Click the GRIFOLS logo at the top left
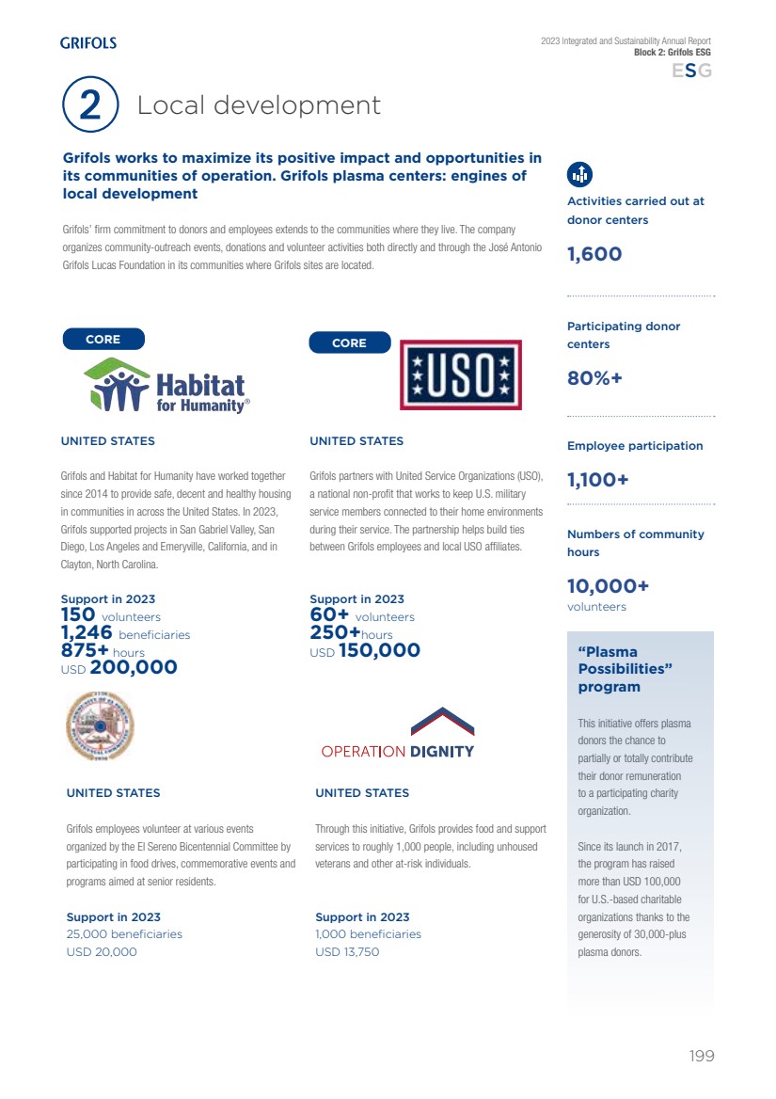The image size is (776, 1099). tap(88, 42)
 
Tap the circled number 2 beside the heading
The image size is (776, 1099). tap(90, 104)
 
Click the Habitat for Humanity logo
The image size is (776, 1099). tap(166, 386)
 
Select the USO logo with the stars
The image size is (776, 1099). tap(461, 374)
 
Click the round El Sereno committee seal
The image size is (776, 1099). tap(100, 725)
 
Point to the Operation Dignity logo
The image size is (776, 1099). tap(398, 735)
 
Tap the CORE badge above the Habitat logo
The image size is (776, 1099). tap(103, 340)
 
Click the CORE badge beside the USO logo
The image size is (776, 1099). tap(349, 343)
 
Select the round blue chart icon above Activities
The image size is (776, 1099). tap(580, 174)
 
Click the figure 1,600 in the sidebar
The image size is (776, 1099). tap(594, 254)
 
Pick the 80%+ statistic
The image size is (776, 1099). tap(594, 379)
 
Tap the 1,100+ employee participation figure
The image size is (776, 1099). tap(597, 480)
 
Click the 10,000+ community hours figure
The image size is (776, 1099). tap(608, 586)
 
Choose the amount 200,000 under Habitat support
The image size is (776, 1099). tap(134, 667)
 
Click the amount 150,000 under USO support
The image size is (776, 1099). tap(379, 650)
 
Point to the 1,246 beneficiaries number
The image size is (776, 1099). tap(87, 634)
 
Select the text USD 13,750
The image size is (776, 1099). tap(347, 952)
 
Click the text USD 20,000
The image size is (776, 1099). tap(102, 952)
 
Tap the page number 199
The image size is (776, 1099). tap(702, 1056)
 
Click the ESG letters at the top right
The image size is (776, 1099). tap(691, 72)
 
